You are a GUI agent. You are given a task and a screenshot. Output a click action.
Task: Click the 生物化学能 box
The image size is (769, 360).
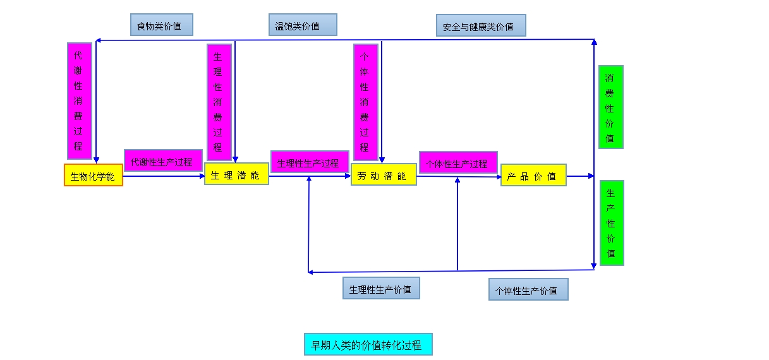point(93,175)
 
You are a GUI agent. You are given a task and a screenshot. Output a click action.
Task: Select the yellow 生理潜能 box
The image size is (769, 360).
point(236,174)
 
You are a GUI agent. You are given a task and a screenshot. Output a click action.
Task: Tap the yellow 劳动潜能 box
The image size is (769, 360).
point(384,174)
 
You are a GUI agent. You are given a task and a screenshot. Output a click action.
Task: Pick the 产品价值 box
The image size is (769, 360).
point(533,175)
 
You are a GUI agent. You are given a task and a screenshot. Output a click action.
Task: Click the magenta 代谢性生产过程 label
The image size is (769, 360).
point(163,160)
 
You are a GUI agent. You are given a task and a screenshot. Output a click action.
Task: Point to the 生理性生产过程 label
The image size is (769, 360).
point(310,162)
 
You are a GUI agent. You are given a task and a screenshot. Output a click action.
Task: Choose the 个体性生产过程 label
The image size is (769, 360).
point(458,162)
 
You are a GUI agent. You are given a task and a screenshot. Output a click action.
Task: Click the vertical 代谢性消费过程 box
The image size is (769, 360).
point(79,100)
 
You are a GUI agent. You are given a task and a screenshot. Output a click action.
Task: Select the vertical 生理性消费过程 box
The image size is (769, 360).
point(219,102)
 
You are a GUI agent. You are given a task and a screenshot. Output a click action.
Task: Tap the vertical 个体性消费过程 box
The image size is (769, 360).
point(365,102)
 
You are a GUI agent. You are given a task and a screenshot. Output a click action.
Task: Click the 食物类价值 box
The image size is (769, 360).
point(161,25)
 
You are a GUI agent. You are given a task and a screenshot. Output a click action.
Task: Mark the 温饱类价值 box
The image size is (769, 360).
point(302,25)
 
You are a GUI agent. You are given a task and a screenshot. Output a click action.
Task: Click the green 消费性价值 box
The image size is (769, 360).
point(610,107)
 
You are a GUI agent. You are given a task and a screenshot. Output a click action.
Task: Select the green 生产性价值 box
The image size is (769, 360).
point(611,222)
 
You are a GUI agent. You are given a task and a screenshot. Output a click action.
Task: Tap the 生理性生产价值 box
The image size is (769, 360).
point(381,288)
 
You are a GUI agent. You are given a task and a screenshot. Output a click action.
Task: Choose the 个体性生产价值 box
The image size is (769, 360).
point(528,289)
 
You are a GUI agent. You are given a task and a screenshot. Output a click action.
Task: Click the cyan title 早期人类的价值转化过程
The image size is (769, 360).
point(368,344)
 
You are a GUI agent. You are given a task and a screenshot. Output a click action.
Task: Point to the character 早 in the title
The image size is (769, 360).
point(316,345)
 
